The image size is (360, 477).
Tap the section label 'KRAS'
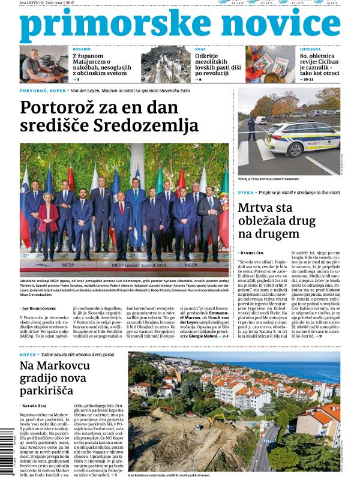click(x=200, y=49)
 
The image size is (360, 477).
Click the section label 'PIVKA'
click(x=245, y=193)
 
